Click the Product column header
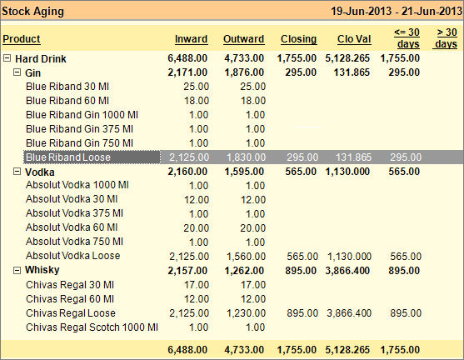pos(22,39)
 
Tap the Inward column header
pos(192,39)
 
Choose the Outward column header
pos(243,39)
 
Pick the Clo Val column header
pos(351,39)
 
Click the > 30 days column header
pos(446,38)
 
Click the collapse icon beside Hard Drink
pos(7,59)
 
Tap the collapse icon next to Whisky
pos(17,270)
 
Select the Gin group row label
pos(34,73)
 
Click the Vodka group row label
pos(40,172)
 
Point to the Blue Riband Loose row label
pos(68,157)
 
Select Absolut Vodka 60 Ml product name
pos(72,227)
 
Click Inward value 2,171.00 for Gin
pos(188,73)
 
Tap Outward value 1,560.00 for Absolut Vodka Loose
pos(244,256)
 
